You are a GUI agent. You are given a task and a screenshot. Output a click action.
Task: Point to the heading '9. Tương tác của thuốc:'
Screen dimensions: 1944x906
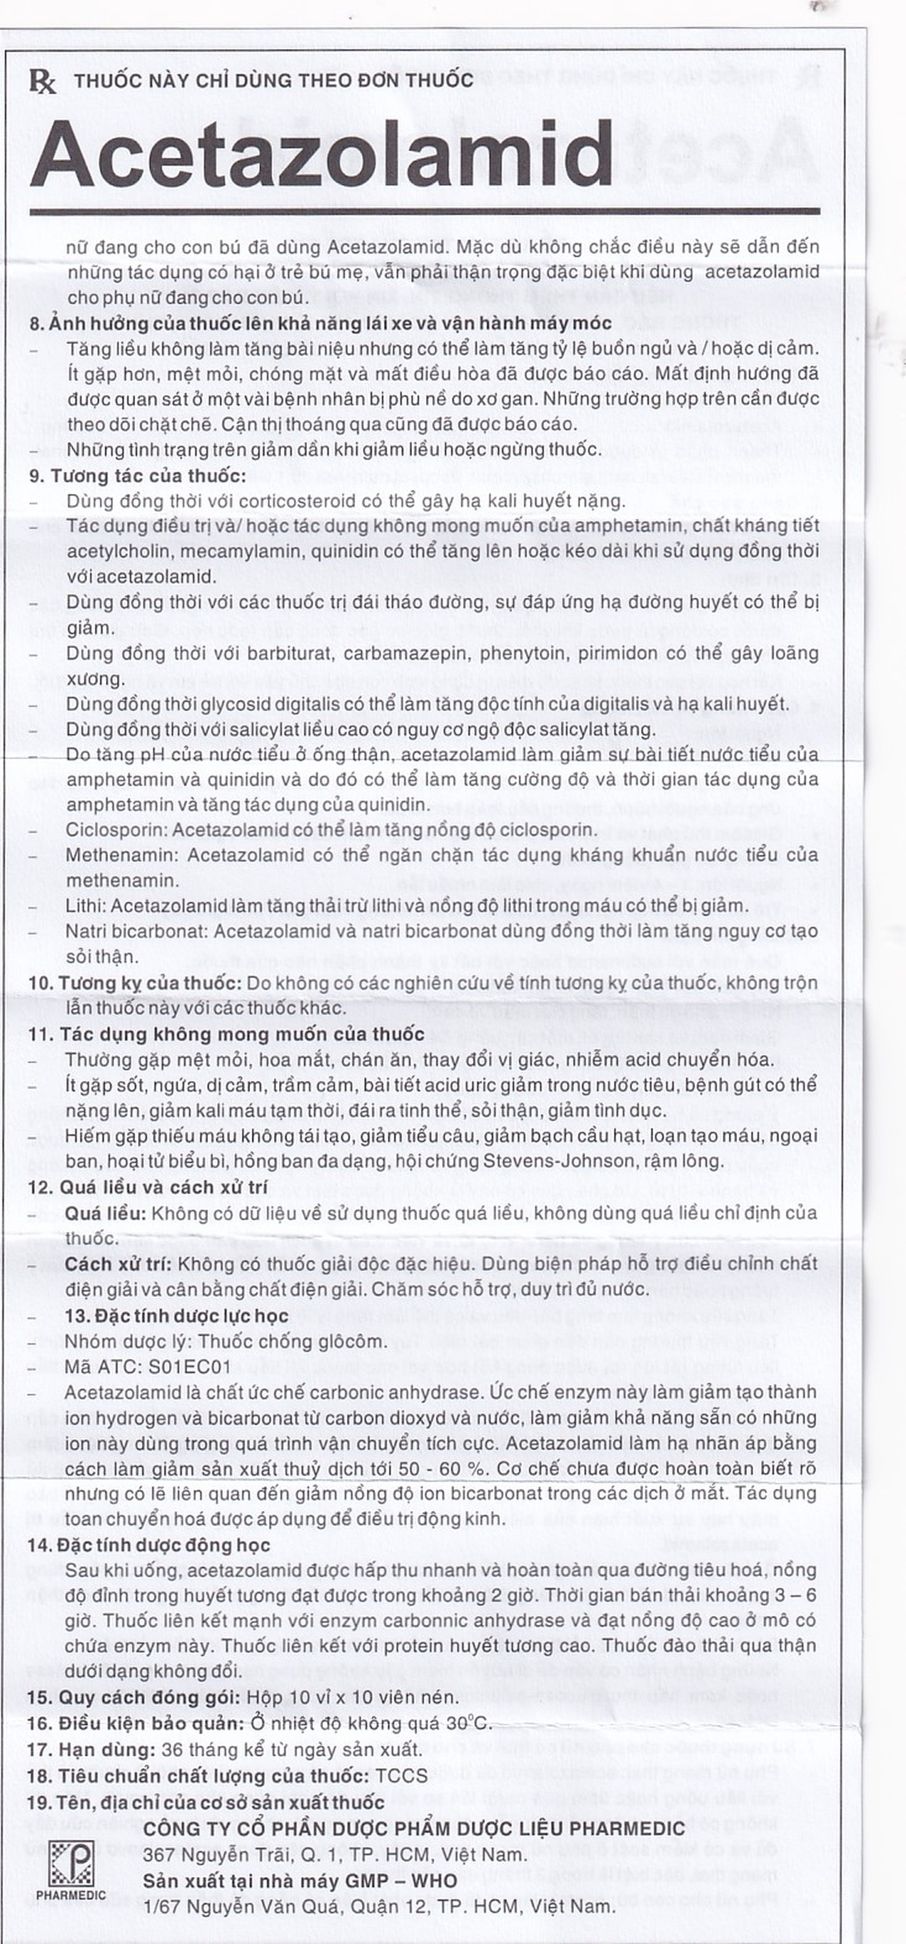pos(137,476)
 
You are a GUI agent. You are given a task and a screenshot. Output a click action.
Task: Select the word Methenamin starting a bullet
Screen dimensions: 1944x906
pos(121,855)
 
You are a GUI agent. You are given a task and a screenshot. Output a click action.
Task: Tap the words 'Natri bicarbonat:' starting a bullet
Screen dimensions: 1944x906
pos(136,931)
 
